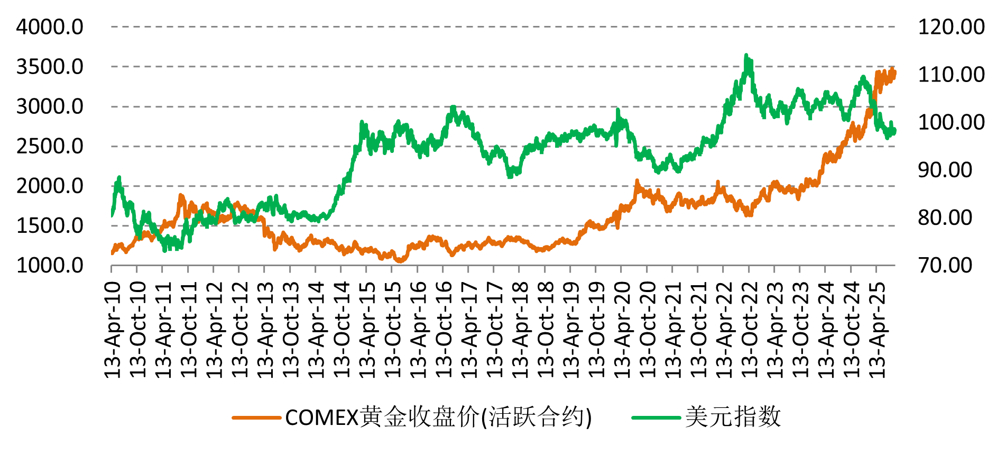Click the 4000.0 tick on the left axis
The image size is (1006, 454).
(50, 27)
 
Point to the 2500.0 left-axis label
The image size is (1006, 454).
(50, 147)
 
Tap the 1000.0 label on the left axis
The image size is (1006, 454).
(50, 266)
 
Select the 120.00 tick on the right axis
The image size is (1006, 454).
(951, 27)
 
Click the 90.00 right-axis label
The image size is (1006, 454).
(945, 170)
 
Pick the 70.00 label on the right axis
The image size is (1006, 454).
(945, 266)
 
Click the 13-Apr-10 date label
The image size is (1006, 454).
(113, 330)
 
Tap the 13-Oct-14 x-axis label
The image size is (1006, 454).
(342, 330)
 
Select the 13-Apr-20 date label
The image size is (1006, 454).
(622, 330)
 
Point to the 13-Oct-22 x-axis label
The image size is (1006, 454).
(750, 330)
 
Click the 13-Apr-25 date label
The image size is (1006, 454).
(877, 330)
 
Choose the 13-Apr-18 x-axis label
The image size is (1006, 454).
(520, 330)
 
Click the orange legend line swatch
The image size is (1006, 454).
(256, 418)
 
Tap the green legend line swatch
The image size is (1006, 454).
(656, 418)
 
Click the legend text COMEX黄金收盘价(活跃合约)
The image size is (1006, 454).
(439, 417)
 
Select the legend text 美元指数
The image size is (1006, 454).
(733, 417)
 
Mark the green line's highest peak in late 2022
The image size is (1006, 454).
(746, 55)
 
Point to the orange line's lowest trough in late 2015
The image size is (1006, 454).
(400, 260)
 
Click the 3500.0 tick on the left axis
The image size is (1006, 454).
(50, 67)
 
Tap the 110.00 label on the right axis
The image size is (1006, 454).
(951, 75)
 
